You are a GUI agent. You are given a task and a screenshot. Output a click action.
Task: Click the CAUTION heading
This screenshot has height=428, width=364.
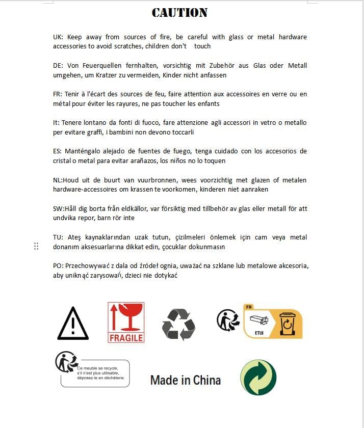[179, 13]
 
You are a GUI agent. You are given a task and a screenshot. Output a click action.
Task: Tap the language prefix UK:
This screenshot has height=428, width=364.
[58, 37]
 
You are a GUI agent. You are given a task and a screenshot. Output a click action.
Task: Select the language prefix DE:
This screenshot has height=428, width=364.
[58, 65]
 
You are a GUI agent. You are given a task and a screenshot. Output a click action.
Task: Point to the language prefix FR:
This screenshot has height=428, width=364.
[58, 94]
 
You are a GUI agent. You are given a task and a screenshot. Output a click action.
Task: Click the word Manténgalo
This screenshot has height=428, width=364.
[83, 151]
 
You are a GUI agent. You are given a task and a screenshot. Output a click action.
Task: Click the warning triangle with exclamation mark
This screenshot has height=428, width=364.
[73, 324]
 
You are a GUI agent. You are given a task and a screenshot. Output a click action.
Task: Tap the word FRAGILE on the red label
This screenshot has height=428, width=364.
[126, 337]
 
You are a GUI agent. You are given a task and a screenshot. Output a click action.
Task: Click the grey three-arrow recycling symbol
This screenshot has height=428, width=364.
[178, 324]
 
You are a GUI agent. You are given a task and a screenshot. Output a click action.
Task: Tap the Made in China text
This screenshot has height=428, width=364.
[186, 380]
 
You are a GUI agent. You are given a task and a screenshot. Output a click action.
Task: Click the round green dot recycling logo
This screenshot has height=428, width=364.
[258, 378]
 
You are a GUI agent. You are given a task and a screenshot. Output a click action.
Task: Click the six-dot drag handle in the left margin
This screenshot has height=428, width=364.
[36, 247]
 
